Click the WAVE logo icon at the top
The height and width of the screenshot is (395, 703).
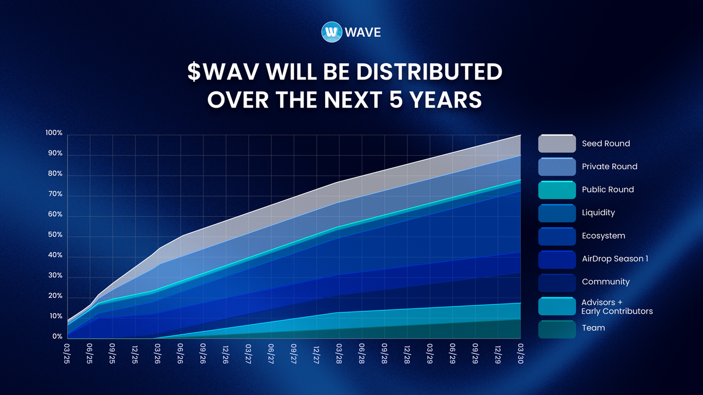point(332,32)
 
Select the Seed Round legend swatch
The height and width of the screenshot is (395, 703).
point(556,143)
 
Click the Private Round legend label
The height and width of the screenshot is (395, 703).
point(609,166)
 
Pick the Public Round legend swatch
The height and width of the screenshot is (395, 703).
point(556,190)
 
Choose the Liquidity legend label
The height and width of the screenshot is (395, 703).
point(598,212)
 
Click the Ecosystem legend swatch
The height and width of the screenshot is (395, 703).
point(556,236)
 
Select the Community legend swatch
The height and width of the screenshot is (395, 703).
point(556,281)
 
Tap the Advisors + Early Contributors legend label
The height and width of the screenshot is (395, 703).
point(617,307)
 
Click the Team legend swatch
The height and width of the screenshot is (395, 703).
point(556,328)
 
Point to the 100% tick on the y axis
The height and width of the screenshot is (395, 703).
point(54,133)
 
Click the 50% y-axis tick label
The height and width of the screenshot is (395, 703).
point(55,235)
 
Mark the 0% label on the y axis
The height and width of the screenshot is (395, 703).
point(57,337)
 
